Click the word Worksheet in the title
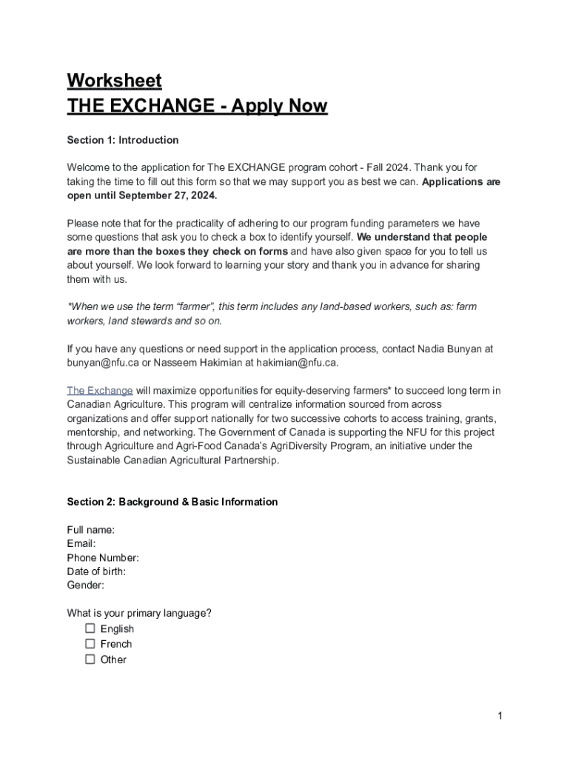(x=114, y=80)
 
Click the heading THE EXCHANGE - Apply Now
(x=197, y=106)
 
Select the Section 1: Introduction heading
(x=122, y=140)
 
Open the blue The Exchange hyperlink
(x=100, y=390)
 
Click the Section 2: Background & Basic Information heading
(x=172, y=502)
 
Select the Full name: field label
(x=90, y=530)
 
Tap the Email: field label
(x=81, y=544)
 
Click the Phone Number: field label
(x=103, y=557)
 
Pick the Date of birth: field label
(x=96, y=571)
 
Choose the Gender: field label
(x=85, y=585)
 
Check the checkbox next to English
(x=90, y=628)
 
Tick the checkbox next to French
(x=90, y=644)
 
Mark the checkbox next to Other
(x=90, y=659)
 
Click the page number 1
(x=500, y=716)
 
